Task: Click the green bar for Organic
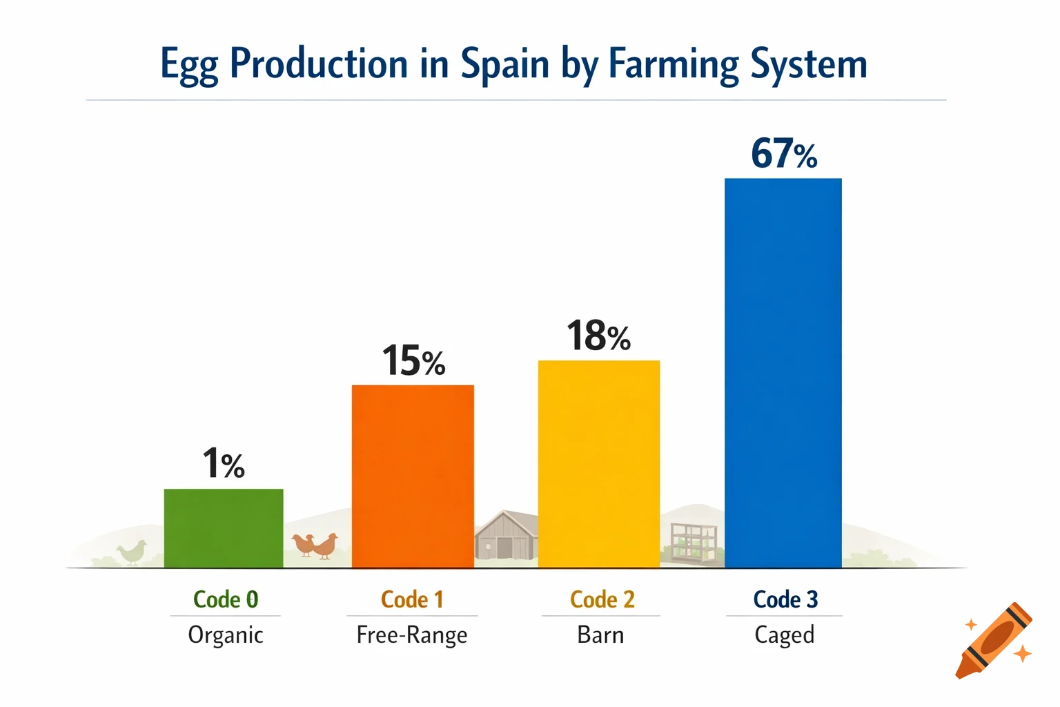click(224, 528)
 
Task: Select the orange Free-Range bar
click(413, 476)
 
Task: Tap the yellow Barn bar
click(599, 464)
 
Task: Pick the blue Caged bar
click(783, 373)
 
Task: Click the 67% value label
click(784, 153)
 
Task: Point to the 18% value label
click(598, 336)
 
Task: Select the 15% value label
click(413, 361)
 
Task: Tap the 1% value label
click(224, 463)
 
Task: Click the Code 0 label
click(226, 599)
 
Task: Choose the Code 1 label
click(412, 599)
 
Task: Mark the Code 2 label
click(602, 599)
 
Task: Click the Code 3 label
click(785, 599)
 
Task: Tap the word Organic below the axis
click(226, 635)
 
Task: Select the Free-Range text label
click(412, 635)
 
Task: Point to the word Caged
click(785, 635)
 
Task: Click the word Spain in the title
click(504, 64)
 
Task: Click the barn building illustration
click(505, 536)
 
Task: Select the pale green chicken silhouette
click(132, 552)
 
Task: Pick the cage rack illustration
click(693, 543)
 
